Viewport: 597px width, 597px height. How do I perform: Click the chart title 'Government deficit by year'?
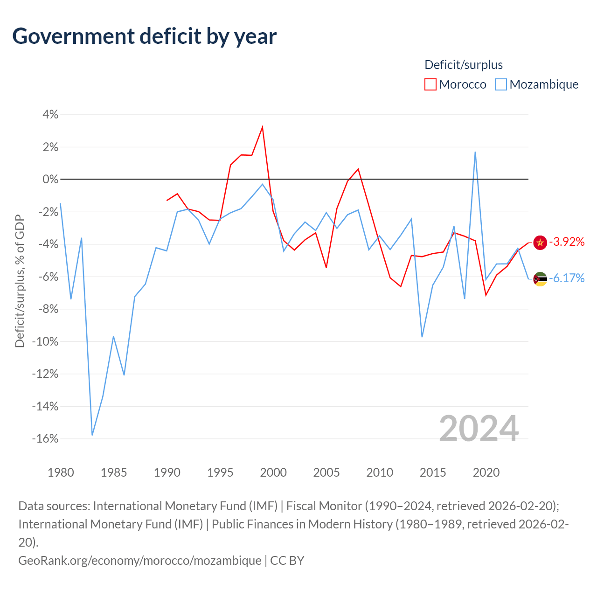(x=145, y=36)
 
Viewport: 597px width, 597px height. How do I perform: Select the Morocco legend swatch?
(x=430, y=84)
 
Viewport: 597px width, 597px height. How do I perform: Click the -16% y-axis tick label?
(x=45, y=438)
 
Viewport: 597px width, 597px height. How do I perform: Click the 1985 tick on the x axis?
(x=114, y=472)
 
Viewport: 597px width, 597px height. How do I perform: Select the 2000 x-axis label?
(x=273, y=472)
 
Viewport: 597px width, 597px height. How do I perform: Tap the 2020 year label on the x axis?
(x=486, y=472)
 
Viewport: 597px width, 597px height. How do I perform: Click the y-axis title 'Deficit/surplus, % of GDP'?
(x=20, y=281)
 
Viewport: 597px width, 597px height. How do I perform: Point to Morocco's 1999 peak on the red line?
(x=263, y=127)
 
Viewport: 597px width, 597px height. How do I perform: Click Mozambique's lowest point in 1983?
(x=92, y=435)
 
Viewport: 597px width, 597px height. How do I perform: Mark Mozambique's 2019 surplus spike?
(x=475, y=152)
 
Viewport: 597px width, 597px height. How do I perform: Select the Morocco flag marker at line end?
(x=540, y=243)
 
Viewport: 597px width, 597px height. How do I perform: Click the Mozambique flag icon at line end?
(x=540, y=279)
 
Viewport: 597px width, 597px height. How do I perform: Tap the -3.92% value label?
(x=567, y=242)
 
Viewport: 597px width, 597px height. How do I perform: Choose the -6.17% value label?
(x=567, y=278)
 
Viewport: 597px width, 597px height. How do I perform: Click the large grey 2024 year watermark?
(x=479, y=429)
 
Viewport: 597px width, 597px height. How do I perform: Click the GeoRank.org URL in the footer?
(x=140, y=560)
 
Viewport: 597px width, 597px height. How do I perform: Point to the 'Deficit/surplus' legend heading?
(x=464, y=65)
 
